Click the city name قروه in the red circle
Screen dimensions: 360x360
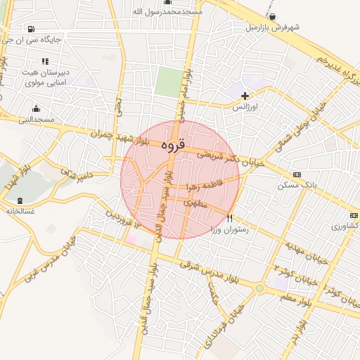click(172, 146)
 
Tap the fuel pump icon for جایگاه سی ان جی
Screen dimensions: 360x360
click(31, 29)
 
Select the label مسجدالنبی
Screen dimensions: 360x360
click(37, 121)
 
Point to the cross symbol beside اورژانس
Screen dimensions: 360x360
click(245, 95)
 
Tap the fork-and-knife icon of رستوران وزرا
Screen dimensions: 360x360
click(229, 218)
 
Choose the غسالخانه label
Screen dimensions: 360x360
click(19, 210)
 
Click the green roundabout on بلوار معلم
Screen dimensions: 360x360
click(260, 288)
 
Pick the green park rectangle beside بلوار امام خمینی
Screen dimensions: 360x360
click(167, 82)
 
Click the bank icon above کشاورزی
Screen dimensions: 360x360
click(353, 215)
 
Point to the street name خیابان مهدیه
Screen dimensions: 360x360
click(306, 252)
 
